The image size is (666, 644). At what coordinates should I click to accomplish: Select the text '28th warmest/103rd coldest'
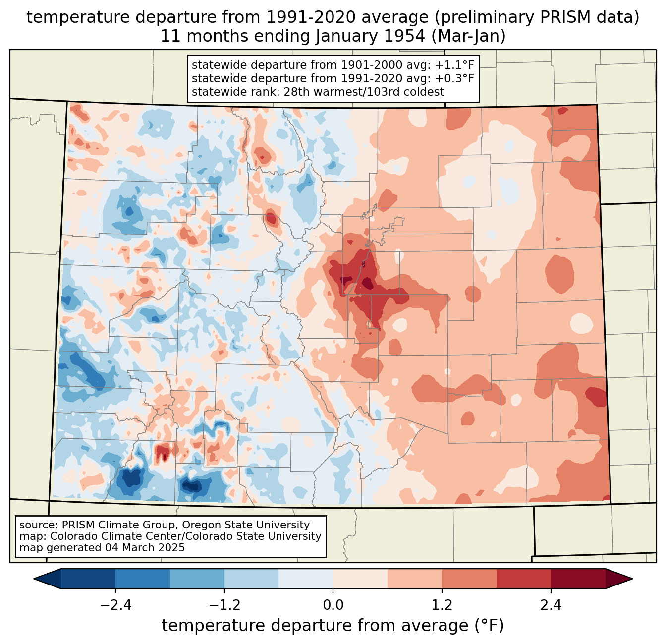pos(364,92)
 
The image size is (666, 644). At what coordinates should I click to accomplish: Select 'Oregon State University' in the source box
pos(246,525)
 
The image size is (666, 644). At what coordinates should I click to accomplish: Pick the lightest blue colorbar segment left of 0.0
pos(306,579)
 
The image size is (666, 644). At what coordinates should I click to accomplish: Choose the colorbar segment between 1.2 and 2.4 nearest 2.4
pos(524,579)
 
